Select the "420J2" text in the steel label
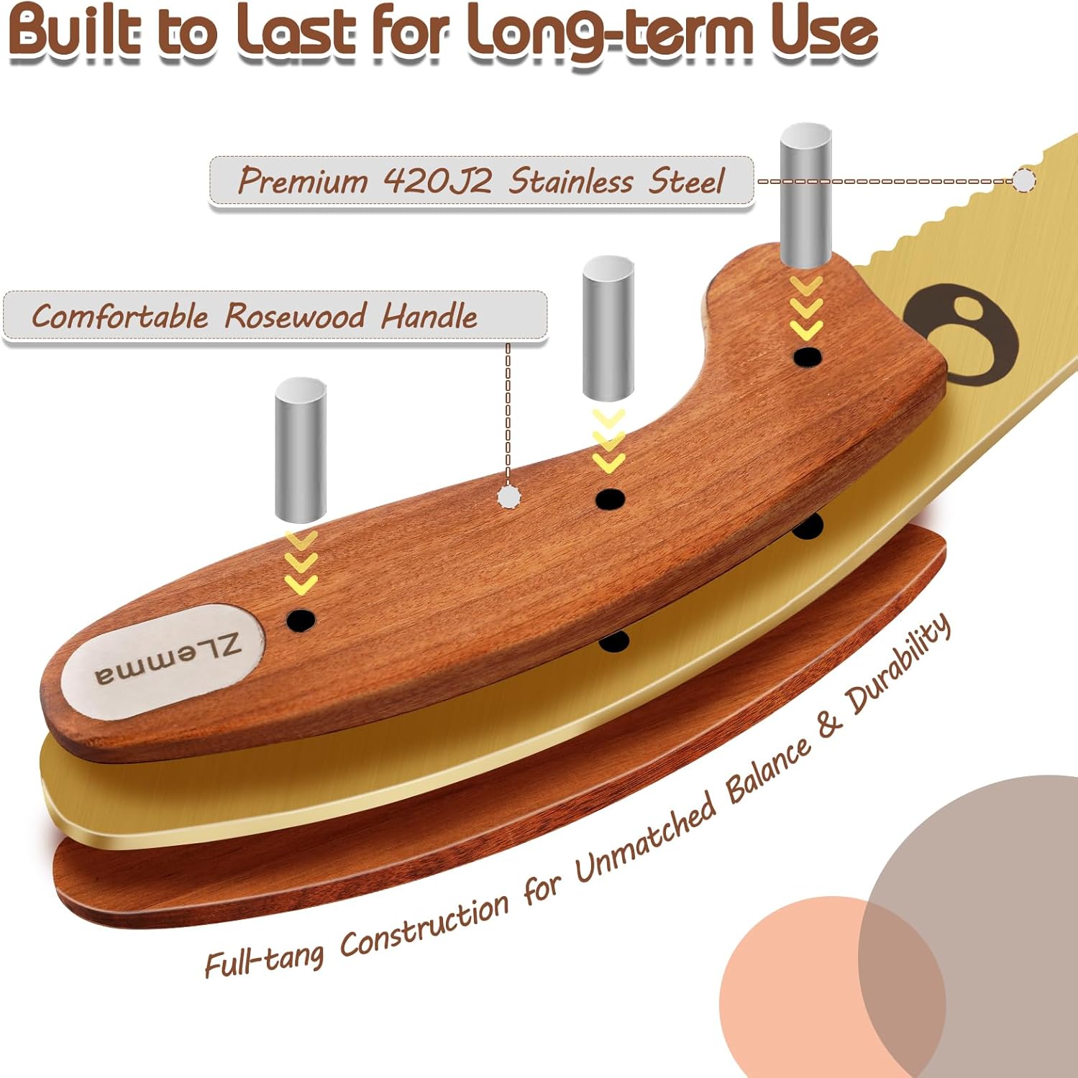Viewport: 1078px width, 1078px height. (438, 180)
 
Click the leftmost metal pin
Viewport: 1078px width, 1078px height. (300, 451)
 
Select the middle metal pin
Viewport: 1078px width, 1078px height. (608, 328)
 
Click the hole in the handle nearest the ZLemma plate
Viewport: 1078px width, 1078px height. (301, 619)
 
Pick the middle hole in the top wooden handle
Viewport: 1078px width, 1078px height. (610, 499)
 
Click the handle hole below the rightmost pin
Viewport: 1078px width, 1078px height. (808, 356)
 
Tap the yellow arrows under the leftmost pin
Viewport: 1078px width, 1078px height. (301, 563)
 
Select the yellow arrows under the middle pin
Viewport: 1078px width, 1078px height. (608, 441)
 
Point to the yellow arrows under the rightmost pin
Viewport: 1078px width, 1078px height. (806, 308)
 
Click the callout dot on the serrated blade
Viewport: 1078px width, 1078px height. (1024, 180)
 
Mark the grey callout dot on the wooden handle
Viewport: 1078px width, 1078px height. (508, 496)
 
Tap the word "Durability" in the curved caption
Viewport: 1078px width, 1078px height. (899, 664)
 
